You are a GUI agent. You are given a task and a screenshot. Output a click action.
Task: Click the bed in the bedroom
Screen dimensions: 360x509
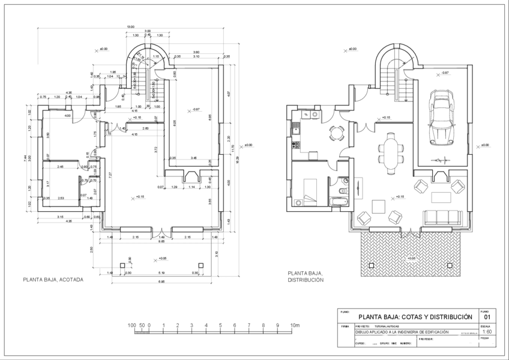(310, 192)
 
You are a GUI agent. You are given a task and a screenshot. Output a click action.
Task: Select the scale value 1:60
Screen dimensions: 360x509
(487, 331)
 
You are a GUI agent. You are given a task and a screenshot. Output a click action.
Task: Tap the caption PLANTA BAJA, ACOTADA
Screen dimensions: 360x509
(53, 279)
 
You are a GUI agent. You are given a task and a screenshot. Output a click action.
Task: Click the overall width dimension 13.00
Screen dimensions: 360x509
(130, 27)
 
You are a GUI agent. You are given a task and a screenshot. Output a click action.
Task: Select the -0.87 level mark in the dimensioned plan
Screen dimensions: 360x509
(194, 109)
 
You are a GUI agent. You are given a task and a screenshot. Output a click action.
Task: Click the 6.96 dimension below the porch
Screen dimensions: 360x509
(161, 281)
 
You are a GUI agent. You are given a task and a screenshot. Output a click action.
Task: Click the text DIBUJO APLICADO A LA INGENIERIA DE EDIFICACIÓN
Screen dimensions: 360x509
(402, 331)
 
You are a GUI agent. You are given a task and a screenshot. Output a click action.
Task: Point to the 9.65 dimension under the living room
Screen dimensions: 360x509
(161, 241)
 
